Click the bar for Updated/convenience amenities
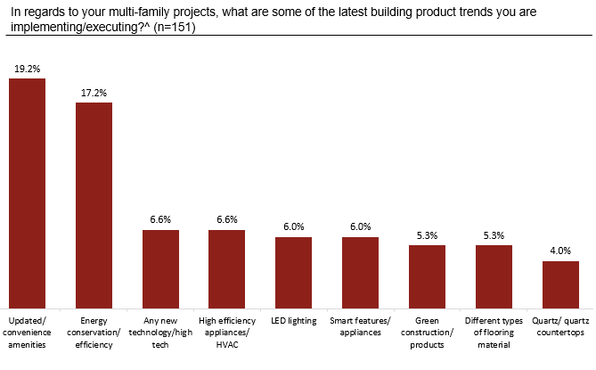tap(27, 192)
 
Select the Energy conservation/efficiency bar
tap(94, 203)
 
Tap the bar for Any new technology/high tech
tap(160, 267)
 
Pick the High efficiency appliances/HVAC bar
tap(226, 267)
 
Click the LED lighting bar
tap(293, 270)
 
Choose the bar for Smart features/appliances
tap(360, 270)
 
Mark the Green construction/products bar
tap(427, 275)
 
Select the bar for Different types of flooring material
tap(494, 275)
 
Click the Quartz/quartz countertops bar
tap(560, 283)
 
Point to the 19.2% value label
tap(27, 68)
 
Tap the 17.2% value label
tap(94, 92)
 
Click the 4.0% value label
tap(560, 251)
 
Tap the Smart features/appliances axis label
tap(360, 326)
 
